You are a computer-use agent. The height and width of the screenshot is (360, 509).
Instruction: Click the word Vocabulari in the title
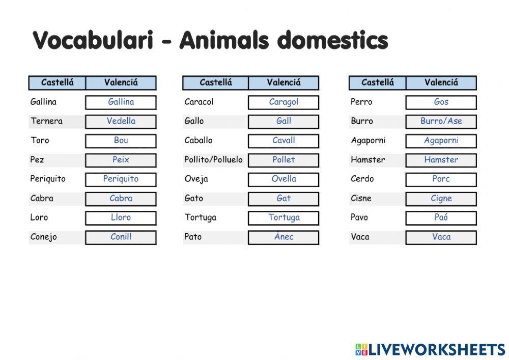tap(93, 40)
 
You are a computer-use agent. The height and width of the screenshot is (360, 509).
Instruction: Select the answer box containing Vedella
tap(121, 121)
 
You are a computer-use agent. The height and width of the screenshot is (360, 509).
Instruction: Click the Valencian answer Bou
tap(121, 141)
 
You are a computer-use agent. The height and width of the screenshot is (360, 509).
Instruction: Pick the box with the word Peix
tap(121, 160)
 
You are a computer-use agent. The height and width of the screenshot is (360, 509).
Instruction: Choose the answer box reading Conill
tap(121, 237)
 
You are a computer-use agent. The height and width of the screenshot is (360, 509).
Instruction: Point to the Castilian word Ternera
tap(46, 121)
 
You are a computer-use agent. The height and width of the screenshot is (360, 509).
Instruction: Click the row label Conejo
tap(44, 237)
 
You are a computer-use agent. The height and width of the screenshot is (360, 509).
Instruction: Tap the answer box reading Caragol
tap(284, 102)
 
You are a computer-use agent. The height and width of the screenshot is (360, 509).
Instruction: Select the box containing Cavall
tap(284, 141)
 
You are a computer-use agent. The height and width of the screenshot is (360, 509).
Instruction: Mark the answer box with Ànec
tap(284, 237)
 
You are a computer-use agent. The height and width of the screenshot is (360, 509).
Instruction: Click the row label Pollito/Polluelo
tap(213, 160)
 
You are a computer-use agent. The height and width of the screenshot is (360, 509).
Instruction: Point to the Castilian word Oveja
tap(196, 179)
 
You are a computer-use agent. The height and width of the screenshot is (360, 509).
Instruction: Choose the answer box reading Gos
tap(441, 102)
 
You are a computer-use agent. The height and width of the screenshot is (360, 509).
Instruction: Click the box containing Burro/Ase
tap(441, 121)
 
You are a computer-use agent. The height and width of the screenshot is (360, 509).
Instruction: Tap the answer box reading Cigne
tap(441, 199)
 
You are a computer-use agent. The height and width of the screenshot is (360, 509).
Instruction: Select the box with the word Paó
tap(441, 217)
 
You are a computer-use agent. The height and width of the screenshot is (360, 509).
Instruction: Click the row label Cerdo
tap(362, 179)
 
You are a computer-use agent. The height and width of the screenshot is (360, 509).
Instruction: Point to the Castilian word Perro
tap(361, 102)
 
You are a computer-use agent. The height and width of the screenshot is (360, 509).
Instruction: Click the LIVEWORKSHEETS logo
tap(430, 349)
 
